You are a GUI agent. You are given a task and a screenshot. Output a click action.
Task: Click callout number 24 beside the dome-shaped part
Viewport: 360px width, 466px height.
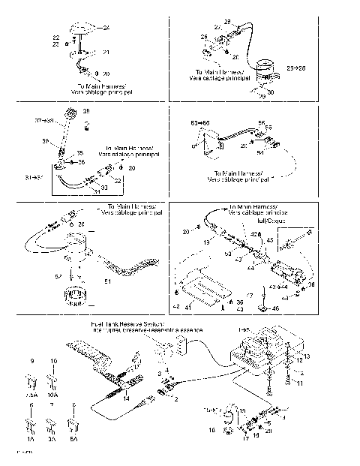point(106,27)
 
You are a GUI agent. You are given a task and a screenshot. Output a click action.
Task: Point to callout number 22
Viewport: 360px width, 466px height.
point(55,38)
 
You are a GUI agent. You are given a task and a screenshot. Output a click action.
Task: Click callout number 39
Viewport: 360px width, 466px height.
point(85,111)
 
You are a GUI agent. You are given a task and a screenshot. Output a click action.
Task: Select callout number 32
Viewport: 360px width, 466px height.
point(118,181)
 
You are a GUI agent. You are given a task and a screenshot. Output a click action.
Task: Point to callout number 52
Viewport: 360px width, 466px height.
point(58,276)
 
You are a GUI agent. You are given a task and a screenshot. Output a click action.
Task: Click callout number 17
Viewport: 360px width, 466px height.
point(245,434)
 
